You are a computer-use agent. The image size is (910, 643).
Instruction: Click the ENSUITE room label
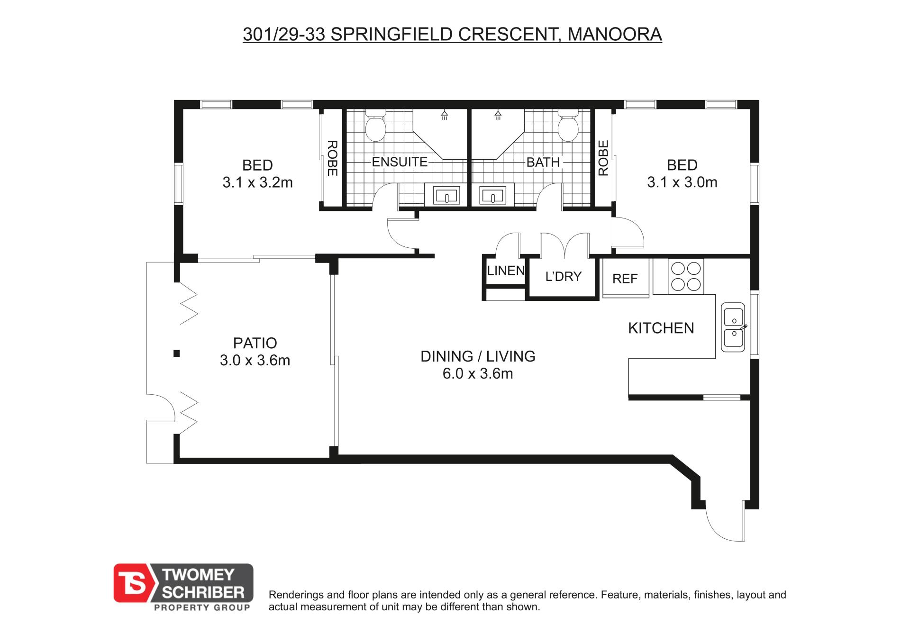[x=400, y=162]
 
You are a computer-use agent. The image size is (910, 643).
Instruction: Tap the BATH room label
[x=543, y=162]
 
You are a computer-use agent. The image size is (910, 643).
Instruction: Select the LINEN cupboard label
[x=506, y=271]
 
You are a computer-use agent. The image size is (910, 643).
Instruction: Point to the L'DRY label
[x=563, y=276]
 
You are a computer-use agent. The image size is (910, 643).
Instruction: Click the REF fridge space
[x=625, y=279]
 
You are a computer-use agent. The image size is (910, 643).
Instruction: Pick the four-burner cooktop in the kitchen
[x=686, y=276]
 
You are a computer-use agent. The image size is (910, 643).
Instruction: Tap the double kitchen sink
[x=733, y=327]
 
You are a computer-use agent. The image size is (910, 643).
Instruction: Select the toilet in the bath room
[x=568, y=125]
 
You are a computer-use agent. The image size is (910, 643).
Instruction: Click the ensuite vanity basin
[x=446, y=195]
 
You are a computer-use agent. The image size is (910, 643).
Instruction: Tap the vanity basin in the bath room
[x=493, y=195]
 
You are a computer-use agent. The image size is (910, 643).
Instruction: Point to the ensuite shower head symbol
[x=445, y=115]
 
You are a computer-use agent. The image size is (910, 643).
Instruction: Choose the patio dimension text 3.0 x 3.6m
[x=255, y=361]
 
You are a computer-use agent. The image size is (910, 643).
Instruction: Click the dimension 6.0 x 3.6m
[x=478, y=374]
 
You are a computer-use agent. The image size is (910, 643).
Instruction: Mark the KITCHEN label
[x=661, y=328]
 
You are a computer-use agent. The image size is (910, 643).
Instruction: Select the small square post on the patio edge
[x=176, y=353]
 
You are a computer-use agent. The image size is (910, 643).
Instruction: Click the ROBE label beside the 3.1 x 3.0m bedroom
[x=603, y=158]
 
